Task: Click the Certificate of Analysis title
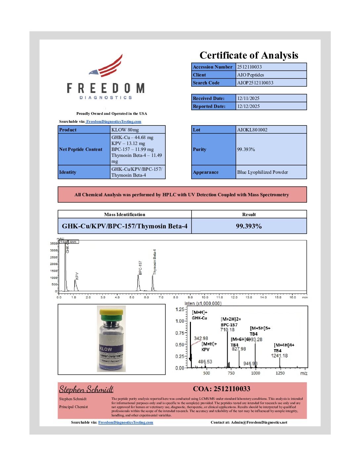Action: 249,55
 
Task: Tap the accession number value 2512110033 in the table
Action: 249,67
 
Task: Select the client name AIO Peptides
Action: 250,75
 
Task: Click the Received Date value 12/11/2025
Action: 248,98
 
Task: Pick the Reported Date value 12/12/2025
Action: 248,106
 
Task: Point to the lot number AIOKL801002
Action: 252,130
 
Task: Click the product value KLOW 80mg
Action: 125,130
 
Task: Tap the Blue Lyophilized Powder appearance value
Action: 262,172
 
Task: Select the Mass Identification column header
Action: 124,214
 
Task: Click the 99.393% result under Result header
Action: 249,226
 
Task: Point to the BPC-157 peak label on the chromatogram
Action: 140,267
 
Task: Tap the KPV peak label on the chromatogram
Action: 77,276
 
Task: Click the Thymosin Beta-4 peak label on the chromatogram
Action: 155,261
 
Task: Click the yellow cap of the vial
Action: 111,312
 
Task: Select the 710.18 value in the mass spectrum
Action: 227,330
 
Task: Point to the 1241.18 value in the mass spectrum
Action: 279,356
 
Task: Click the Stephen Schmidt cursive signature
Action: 86,389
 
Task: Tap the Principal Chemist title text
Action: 73,407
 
